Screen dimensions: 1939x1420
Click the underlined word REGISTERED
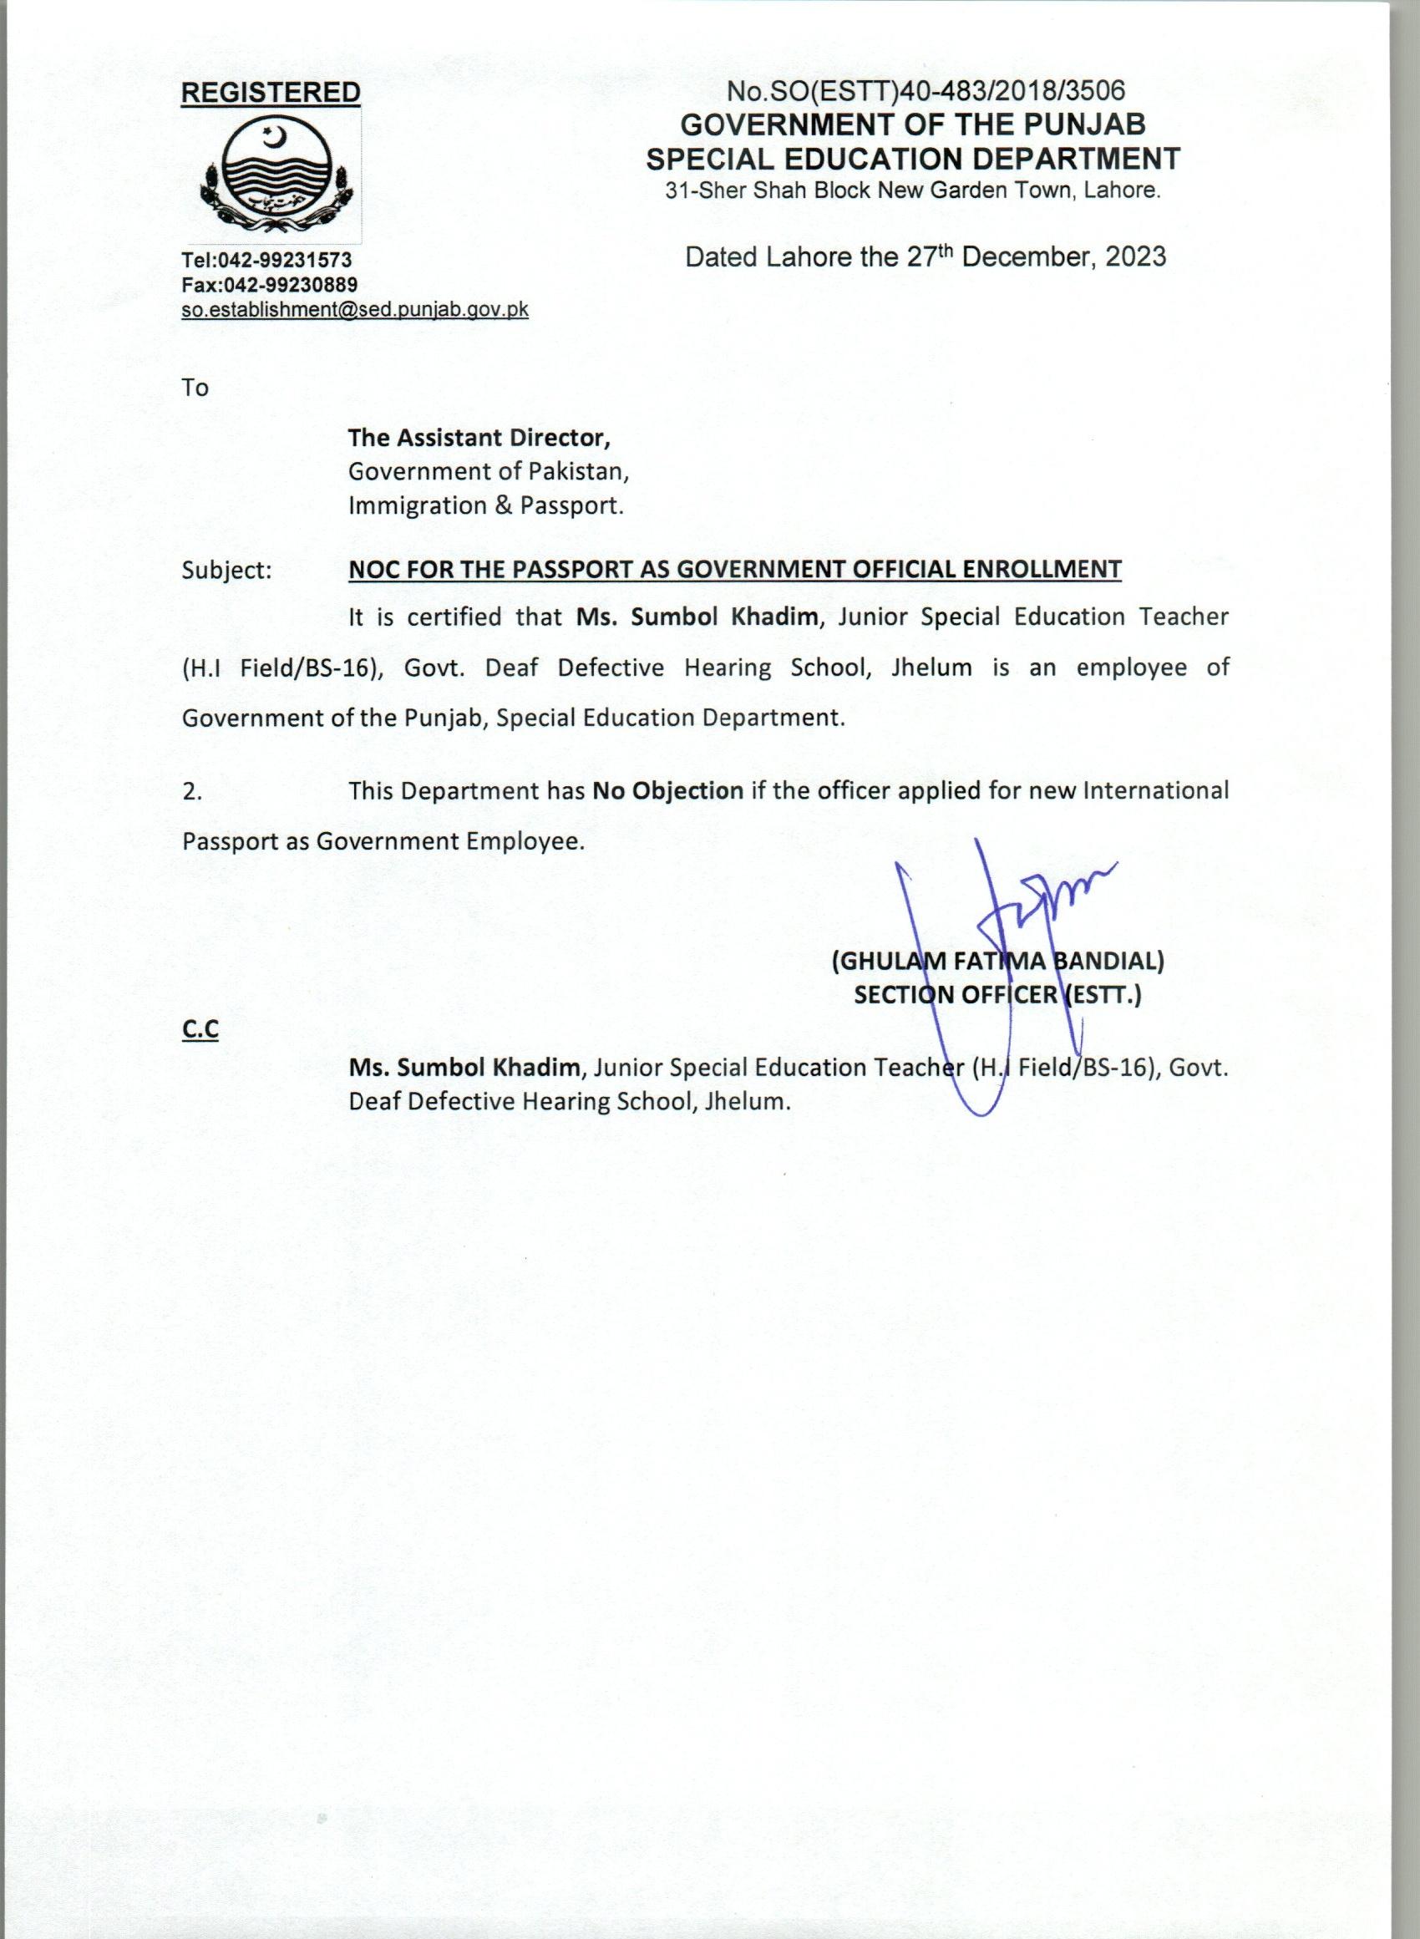click(x=270, y=93)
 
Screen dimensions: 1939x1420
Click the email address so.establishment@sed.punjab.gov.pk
click(x=354, y=309)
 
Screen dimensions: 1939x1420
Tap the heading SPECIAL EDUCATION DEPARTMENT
click(x=913, y=159)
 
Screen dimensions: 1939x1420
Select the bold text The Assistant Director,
click(x=479, y=438)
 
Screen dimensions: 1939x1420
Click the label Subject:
click(x=227, y=570)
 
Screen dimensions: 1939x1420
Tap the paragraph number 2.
click(x=191, y=792)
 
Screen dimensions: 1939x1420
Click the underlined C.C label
click(x=200, y=1030)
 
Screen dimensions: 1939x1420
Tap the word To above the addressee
click(x=195, y=388)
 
